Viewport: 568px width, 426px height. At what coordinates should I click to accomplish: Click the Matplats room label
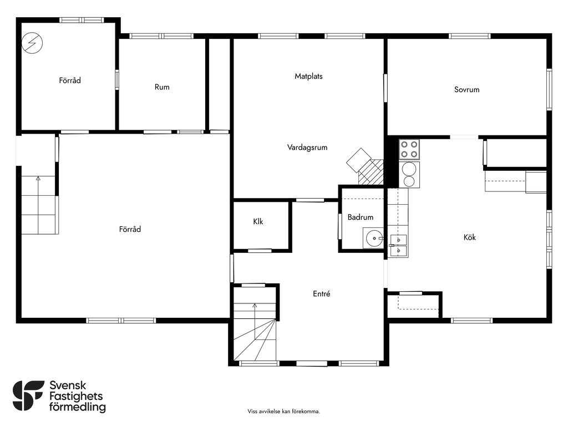[308, 77]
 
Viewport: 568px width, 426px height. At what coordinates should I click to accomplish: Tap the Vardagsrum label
[307, 148]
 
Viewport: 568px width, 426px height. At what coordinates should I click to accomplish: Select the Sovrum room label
[466, 89]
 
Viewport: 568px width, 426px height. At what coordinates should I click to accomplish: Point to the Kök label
[469, 237]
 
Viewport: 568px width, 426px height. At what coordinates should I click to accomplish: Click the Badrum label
[360, 217]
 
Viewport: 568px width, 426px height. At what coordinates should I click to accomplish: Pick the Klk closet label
[258, 221]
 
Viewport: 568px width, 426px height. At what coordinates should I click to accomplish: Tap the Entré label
[321, 294]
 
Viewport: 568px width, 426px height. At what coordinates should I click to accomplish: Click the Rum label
[162, 87]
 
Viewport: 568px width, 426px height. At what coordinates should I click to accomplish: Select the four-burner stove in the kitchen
[409, 149]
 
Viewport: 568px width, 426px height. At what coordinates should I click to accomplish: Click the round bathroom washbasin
[374, 239]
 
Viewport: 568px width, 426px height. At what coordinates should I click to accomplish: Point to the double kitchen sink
[398, 246]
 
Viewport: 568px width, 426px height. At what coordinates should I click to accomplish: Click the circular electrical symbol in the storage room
[32, 43]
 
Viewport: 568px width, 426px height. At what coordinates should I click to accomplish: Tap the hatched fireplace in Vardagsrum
[371, 172]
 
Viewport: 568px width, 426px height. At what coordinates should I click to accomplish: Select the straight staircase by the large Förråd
[38, 205]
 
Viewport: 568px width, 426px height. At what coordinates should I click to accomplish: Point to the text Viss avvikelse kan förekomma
[283, 411]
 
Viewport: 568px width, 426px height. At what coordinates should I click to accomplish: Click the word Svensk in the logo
[68, 385]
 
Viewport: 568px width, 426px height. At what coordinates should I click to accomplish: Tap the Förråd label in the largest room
[130, 229]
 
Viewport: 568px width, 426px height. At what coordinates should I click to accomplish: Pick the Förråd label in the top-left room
[70, 80]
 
